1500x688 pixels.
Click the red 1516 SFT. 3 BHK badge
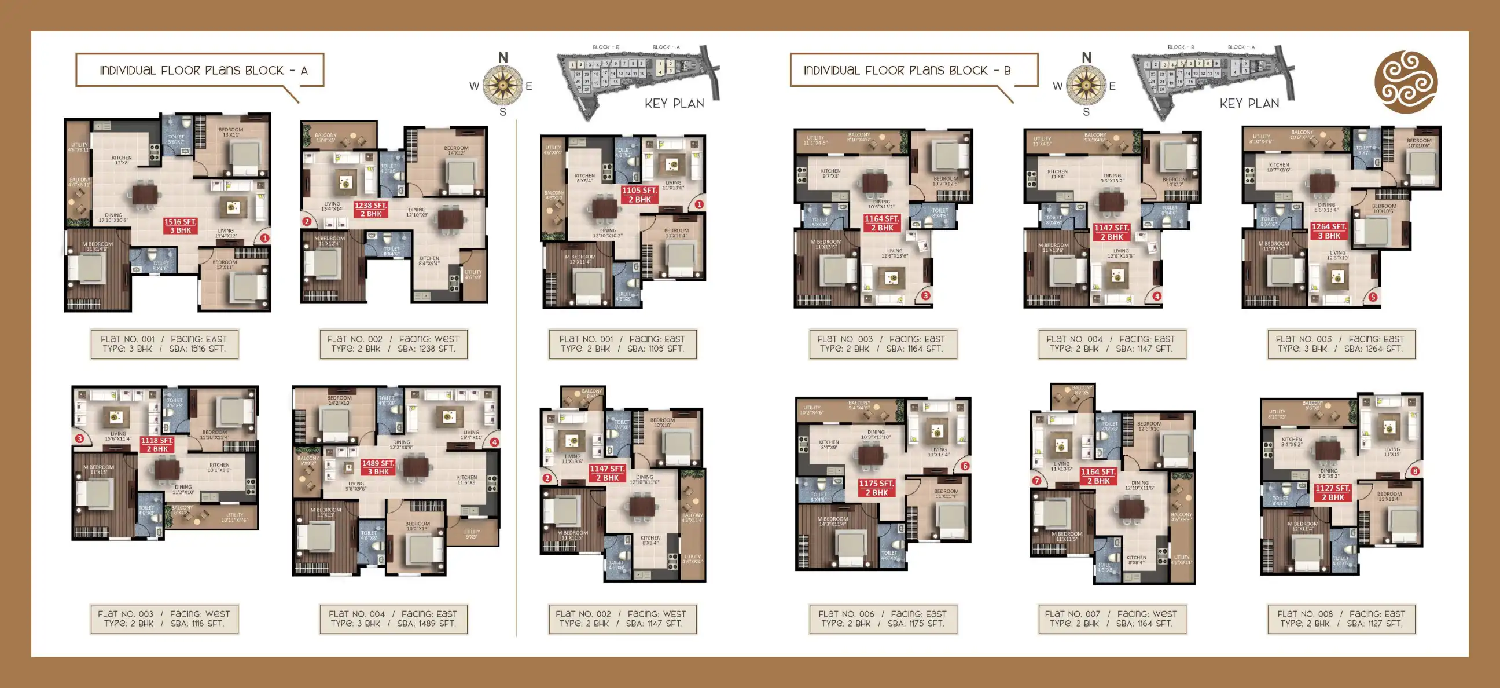pyautogui.click(x=180, y=226)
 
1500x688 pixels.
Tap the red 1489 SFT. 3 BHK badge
pyautogui.click(x=378, y=467)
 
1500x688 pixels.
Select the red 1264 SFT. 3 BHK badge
pyautogui.click(x=1329, y=231)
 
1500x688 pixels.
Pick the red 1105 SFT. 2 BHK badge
pyautogui.click(x=639, y=195)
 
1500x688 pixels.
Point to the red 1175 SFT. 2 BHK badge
pyautogui.click(x=876, y=488)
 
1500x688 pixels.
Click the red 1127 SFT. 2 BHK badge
pyautogui.click(x=1332, y=493)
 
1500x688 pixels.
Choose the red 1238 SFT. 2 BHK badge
pyautogui.click(x=371, y=209)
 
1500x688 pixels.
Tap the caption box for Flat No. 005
pyautogui.click(x=1341, y=343)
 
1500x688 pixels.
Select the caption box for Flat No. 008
pyautogui.click(x=1341, y=619)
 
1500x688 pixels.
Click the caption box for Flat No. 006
pyautogui.click(x=882, y=619)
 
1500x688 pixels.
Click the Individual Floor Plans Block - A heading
pyautogui.click(x=200, y=71)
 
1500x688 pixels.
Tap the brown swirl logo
pyautogui.click(x=1405, y=82)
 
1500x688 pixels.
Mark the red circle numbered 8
pyautogui.click(x=1415, y=471)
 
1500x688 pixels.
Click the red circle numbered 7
pyautogui.click(x=1036, y=481)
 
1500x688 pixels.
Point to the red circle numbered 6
pyautogui.click(x=965, y=466)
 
